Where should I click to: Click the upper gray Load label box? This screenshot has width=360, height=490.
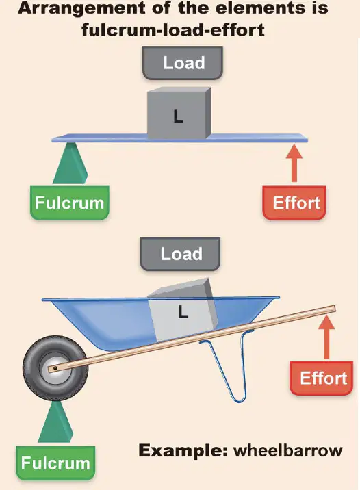[x=183, y=62]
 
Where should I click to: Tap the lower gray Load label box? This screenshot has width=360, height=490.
[x=180, y=254]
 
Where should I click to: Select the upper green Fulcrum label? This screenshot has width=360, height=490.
[x=69, y=203]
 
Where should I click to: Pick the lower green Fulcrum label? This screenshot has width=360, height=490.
[x=55, y=463]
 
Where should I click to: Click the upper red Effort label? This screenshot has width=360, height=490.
[x=294, y=203]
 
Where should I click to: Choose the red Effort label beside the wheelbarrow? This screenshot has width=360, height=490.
[x=322, y=378]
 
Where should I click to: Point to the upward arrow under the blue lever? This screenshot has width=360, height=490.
[x=294, y=163]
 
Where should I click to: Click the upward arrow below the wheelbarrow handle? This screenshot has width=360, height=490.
[x=326, y=337]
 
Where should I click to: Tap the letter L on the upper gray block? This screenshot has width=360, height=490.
[x=178, y=116]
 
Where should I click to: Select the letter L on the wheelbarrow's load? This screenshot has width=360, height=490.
[x=183, y=311]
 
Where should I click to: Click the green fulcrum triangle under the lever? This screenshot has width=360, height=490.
[x=70, y=163]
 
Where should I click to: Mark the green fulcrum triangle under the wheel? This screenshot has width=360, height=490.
[x=55, y=422]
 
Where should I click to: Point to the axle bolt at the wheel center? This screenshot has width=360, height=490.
[x=55, y=368]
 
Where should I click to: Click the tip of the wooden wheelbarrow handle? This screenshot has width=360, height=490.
[x=334, y=309]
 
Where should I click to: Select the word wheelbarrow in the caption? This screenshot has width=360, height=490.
[x=288, y=450]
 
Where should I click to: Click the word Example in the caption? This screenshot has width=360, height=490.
[x=183, y=451]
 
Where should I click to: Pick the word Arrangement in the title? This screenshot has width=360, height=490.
[x=81, y=8]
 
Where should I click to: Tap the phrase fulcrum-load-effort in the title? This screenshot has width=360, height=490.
[x=173, y=30]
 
